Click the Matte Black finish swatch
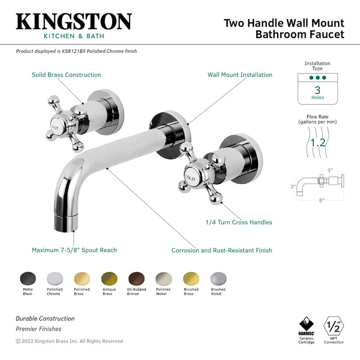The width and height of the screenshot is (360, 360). click(28, 279)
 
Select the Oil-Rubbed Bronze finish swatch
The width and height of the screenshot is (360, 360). click(136, 279)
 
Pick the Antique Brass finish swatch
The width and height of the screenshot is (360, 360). click(109, 279)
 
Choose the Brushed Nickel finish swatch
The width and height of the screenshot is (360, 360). click(218, 279)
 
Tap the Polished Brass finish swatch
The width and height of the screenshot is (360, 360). click(82, 279)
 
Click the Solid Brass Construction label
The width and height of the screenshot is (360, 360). click(66, 75)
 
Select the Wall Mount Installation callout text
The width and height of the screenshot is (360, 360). click(240, 75)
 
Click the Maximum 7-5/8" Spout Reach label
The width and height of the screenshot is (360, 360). click(74, 250)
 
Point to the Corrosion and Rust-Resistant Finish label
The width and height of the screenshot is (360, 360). click(222, 250)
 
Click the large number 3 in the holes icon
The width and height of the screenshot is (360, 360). click(317, 89)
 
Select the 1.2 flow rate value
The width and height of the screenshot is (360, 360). click(317, 142)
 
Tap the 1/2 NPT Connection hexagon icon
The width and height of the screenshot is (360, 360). click(333, 326)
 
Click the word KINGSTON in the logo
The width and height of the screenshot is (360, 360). click(74, 22)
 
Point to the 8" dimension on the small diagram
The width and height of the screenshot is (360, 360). click(322, 200)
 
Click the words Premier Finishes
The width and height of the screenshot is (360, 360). click(38, 329)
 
